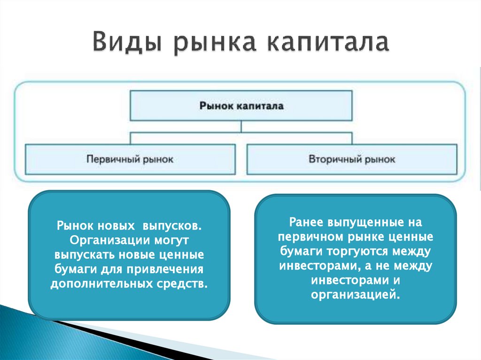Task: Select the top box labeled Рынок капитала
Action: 241,106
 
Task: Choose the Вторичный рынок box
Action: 352,159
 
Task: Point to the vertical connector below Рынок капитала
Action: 241,127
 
